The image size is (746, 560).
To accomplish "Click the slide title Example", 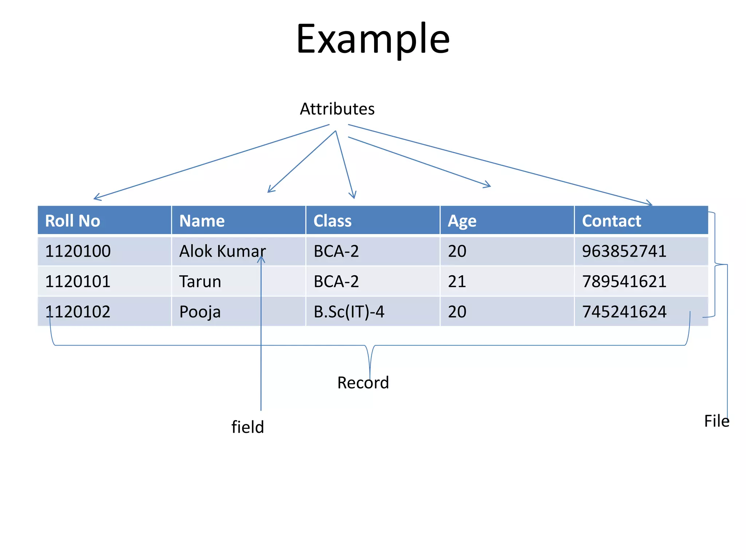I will (x=373, y=39).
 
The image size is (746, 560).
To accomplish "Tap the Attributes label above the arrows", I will (x=337, y=109).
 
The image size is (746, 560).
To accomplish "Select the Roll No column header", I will (x=72, y=221).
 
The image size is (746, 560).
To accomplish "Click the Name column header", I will (x=202, y=221).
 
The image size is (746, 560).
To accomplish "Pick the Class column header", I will (x=332, y=221).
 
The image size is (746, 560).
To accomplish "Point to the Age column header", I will (x=462, y=221).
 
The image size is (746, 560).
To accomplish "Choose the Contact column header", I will (x=611, y=221).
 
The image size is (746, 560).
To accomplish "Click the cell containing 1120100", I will (x=78, y=251).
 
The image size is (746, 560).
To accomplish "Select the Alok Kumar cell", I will (x=222, y=251).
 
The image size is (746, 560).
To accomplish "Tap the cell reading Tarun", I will (x=200, y=281).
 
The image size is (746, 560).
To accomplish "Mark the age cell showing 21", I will (x=457, y=281).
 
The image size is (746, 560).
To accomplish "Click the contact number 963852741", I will (x=624, y=251).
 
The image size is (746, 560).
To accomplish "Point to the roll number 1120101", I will (x=78, y=281).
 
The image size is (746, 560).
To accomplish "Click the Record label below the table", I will (x=363, y=383).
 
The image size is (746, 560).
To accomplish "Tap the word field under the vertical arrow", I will (x=247, y=427).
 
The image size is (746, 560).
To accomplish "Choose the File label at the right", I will (x=716, y=421).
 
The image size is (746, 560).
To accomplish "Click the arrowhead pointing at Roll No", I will (x=96, y=198).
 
